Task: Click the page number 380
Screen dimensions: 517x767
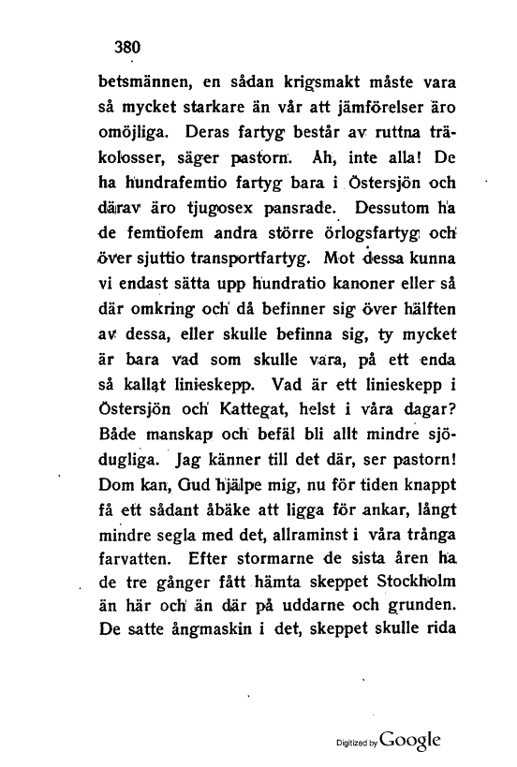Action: pos(126,44)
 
